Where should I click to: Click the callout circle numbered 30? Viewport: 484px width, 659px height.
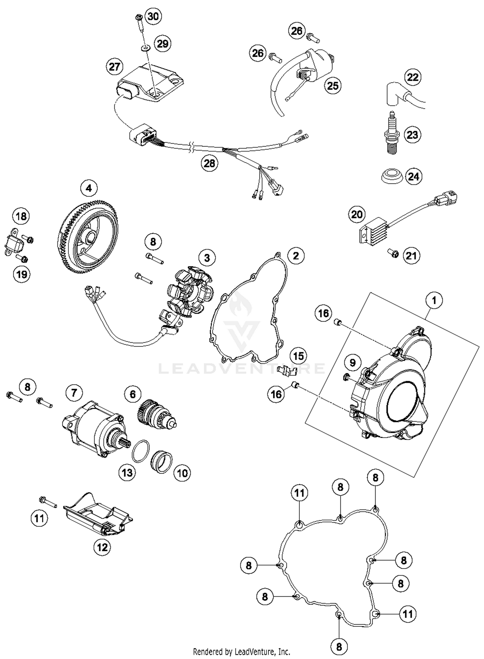tap(153, 16)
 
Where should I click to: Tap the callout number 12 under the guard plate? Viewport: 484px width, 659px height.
tap(102, 547)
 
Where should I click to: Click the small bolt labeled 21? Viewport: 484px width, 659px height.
tap(393, 254)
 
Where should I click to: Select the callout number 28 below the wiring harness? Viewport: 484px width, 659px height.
tap(209, 163)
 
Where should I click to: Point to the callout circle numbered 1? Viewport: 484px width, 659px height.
tap(434, 300)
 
